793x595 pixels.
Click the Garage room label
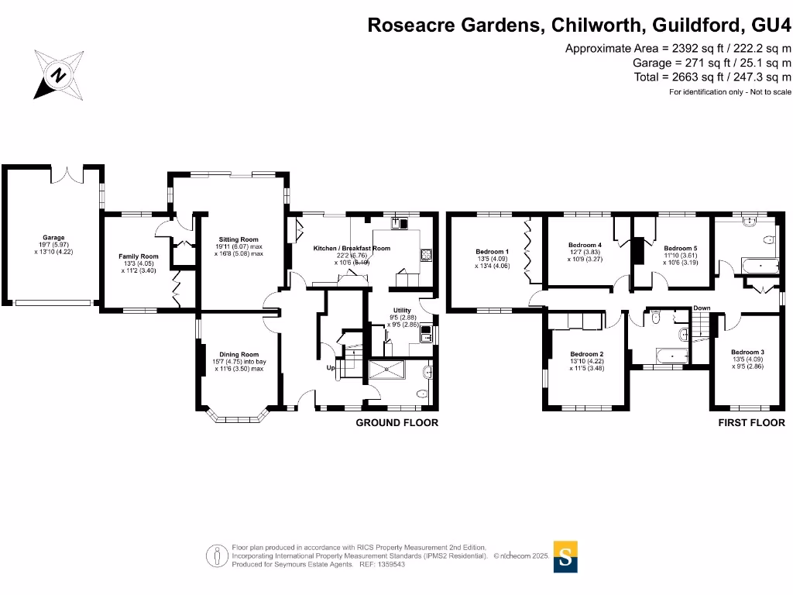click(x=53, y=238)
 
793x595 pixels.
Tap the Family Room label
click(x=138, y=256)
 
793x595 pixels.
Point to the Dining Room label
click(x=239, y=354)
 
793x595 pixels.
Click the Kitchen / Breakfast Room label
click(x=352, y=248)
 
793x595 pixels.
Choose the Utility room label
click(x=401, y=310)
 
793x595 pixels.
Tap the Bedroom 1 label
click(x=492, y=251)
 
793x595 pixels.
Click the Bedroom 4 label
click(x=585, y=245)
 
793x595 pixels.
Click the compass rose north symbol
click(x=58, y=75)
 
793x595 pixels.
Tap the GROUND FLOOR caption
click(x=396, y=423)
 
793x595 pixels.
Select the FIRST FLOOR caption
click(x=751, y=423)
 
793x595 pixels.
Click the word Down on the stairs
click(x=702, y=308)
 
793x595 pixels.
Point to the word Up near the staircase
click(x=330, y=367)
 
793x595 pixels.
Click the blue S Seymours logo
click(x=566, y=555)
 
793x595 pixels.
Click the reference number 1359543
click(x=390, y=564)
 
